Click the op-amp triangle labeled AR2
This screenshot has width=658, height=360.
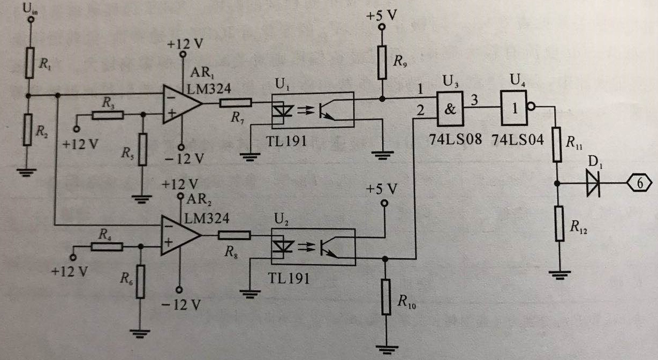pyautogui.click(x=180, y=235)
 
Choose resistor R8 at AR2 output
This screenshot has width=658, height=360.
pyautogui.click(x=233, y=235)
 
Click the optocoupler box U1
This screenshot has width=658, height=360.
pyautogui.click(x=313, y=110)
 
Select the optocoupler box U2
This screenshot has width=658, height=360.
pyautogui.click(x=313, y=246)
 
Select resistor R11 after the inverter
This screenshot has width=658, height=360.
pyautogui.click(x=557, y=145)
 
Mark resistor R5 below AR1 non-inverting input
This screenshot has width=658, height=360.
pyautogui.click(x=142, y=150)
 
